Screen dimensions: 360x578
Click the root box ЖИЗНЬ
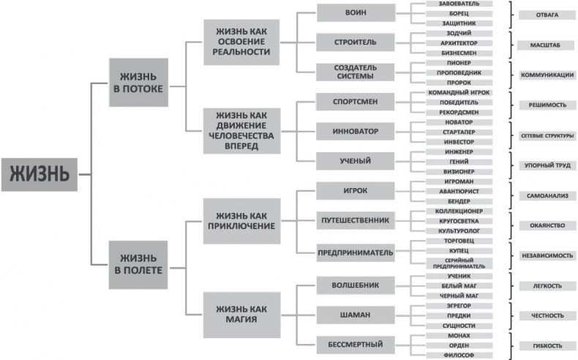[x=39, y=175]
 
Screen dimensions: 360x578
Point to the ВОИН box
[x=356, y=13]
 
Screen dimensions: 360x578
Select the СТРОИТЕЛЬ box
[x=356, y=43]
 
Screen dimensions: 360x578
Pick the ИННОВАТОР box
[x=356, y=131]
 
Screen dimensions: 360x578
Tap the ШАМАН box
[x=356, y=315]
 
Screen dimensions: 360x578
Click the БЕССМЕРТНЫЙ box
[x=356, y=343]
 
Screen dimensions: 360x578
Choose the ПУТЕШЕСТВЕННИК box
[x=356, y=220]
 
